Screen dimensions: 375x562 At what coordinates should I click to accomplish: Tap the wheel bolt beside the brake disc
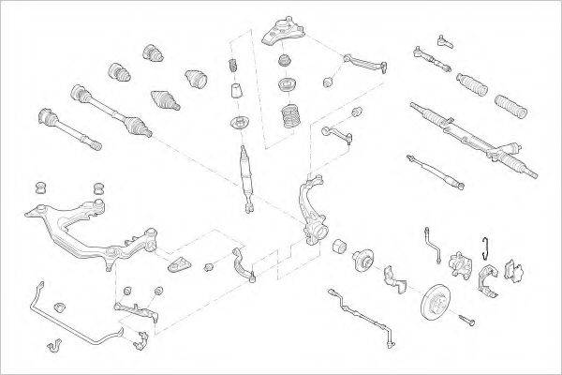coord(467,322)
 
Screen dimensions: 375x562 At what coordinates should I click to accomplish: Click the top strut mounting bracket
coord(280,34)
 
